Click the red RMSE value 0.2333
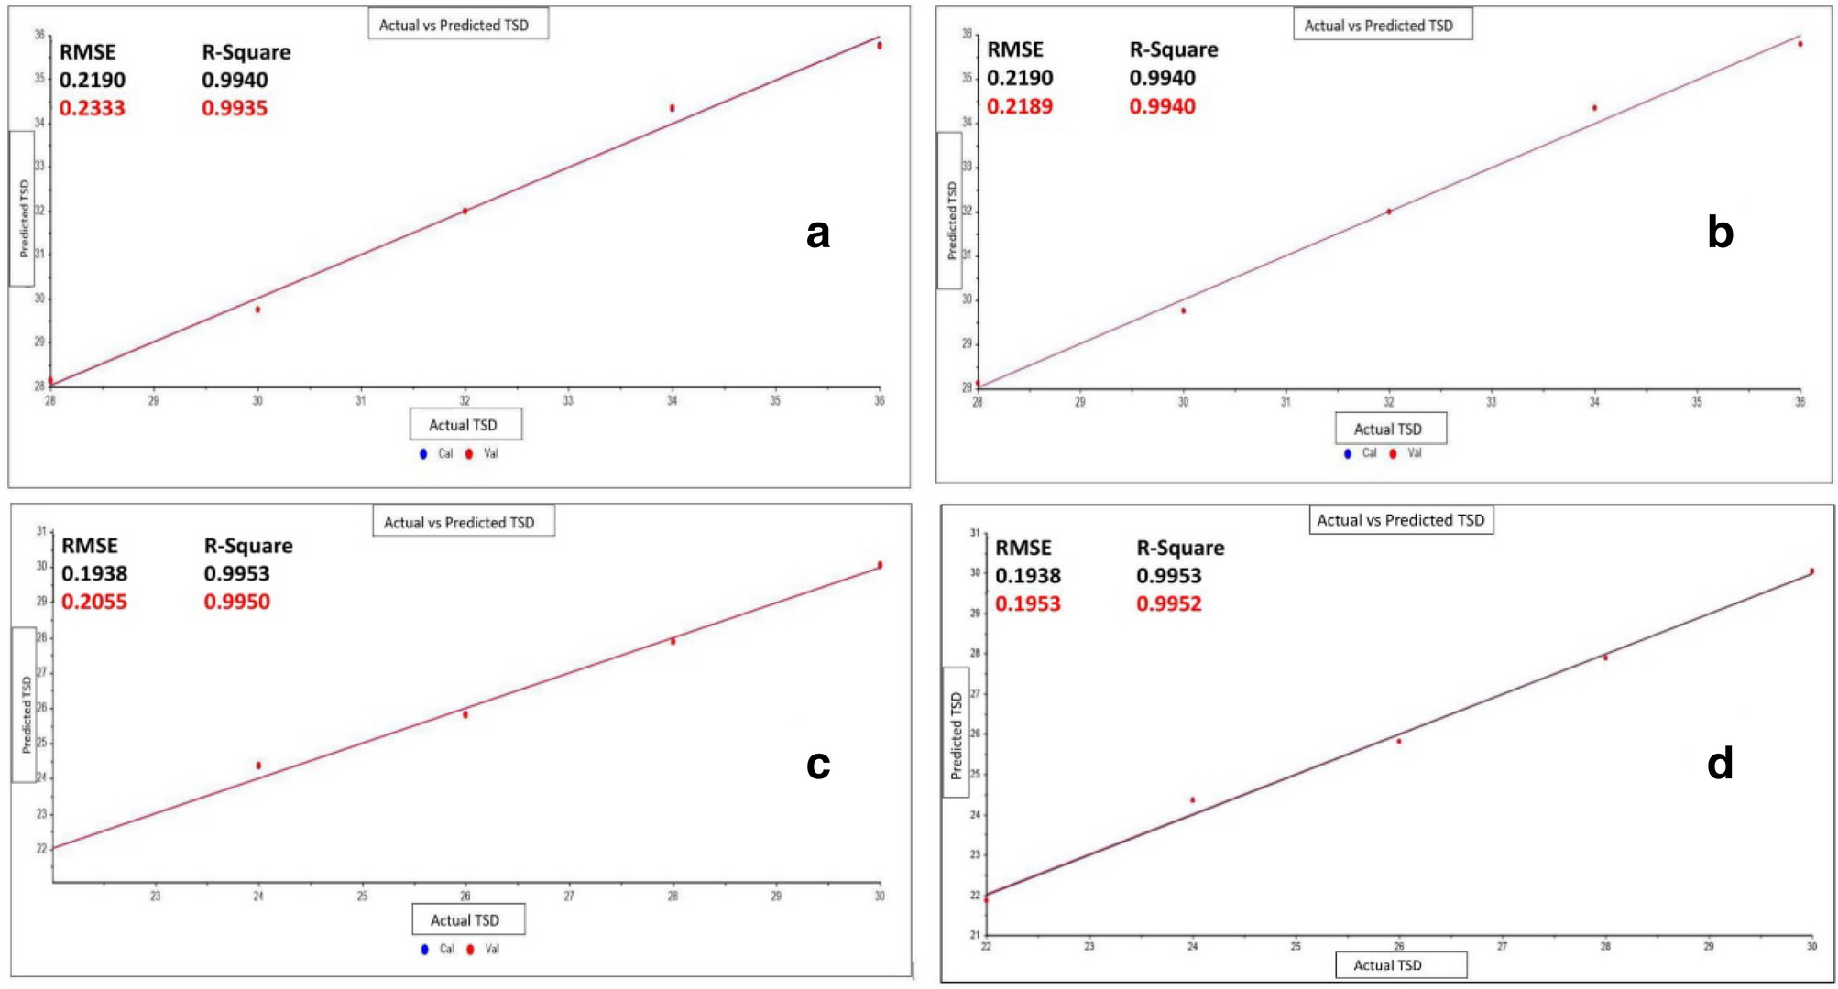click(92, 108)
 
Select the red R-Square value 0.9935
click(235, 108)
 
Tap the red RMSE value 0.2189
click(1019, 106)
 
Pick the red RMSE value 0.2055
click(93, 602)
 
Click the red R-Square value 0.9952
click(1168, 603)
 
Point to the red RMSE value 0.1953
click(1027, 603)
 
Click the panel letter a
click(817, 234)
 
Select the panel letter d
click(1720, 763)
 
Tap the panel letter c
click(817, 764)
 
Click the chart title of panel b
click(1378, 26)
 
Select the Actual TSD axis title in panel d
click(1387, 964)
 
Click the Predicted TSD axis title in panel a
click(24, 218)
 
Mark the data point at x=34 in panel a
click(672, 108)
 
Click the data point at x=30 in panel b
click(1183, 310)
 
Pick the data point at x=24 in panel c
click(258, 765)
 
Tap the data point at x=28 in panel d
click(1605, 658)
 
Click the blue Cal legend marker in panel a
click(423, 453)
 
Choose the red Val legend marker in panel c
click(470, 949)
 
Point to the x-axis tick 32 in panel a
click(465, 400)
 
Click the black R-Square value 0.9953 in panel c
click(236, 573)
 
